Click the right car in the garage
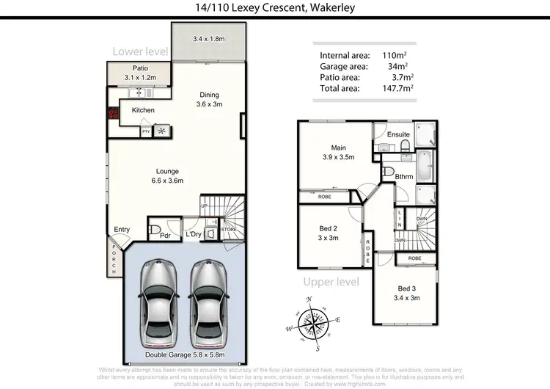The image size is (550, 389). (208, 304)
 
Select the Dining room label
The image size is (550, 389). (210, 99)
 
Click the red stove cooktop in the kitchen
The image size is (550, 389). (114, 114)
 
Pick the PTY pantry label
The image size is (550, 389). (147, 131)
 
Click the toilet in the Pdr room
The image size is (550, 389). (155, 230)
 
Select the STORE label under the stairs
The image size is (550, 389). (230, 230)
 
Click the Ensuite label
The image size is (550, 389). (398, 134)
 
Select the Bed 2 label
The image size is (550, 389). (328, 233)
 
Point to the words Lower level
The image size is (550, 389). (141, 51)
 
